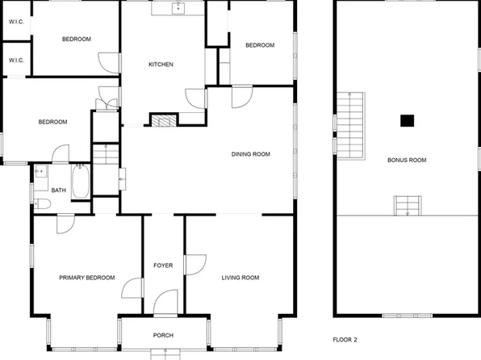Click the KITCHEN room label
tap(160, 65)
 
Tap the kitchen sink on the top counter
tap(178, 9)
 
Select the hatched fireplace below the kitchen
tap(162, 120)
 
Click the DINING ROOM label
tap(250, 154)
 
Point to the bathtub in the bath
tap(81, 182)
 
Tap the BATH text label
tap(59, 190)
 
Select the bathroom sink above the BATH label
tap(41, 171)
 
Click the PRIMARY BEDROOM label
tap(86, 278)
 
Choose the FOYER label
tap(163, 266)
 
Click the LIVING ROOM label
tap(240, 278)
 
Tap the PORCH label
tap(163, 335)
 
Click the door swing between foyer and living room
tap(194, 265)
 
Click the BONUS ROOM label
tap(407, 160)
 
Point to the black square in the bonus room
tap(408, 121)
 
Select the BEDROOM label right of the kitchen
tap(260, 46)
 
